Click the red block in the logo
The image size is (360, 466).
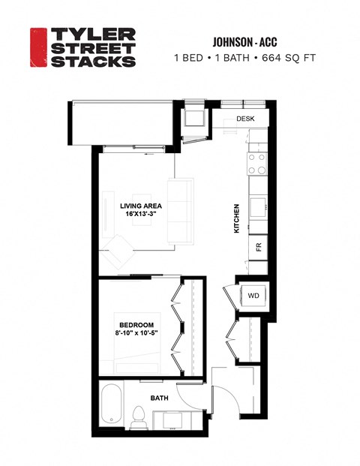pyautogui.click(x=38, y=48)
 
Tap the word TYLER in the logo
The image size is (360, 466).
pyautogui.click(x=92, y=35)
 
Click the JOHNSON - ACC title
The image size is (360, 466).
pyautogui.click(x=235, y=42)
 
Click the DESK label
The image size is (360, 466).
pyautogui.click(x=246, y=119)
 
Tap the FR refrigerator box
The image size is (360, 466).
pyautogui.click(x=257, y=245)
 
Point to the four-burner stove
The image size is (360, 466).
pyautogui.click(x=257, y=163)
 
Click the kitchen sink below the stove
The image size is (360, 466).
pyautogui.click(x=257, y=204)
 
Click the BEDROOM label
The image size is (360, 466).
pyautogui.click(x=136, y=324)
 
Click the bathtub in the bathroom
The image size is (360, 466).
pyautogui.click(x=112, y=408)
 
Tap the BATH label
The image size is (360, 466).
pyautogui.click(x=160, y=398)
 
